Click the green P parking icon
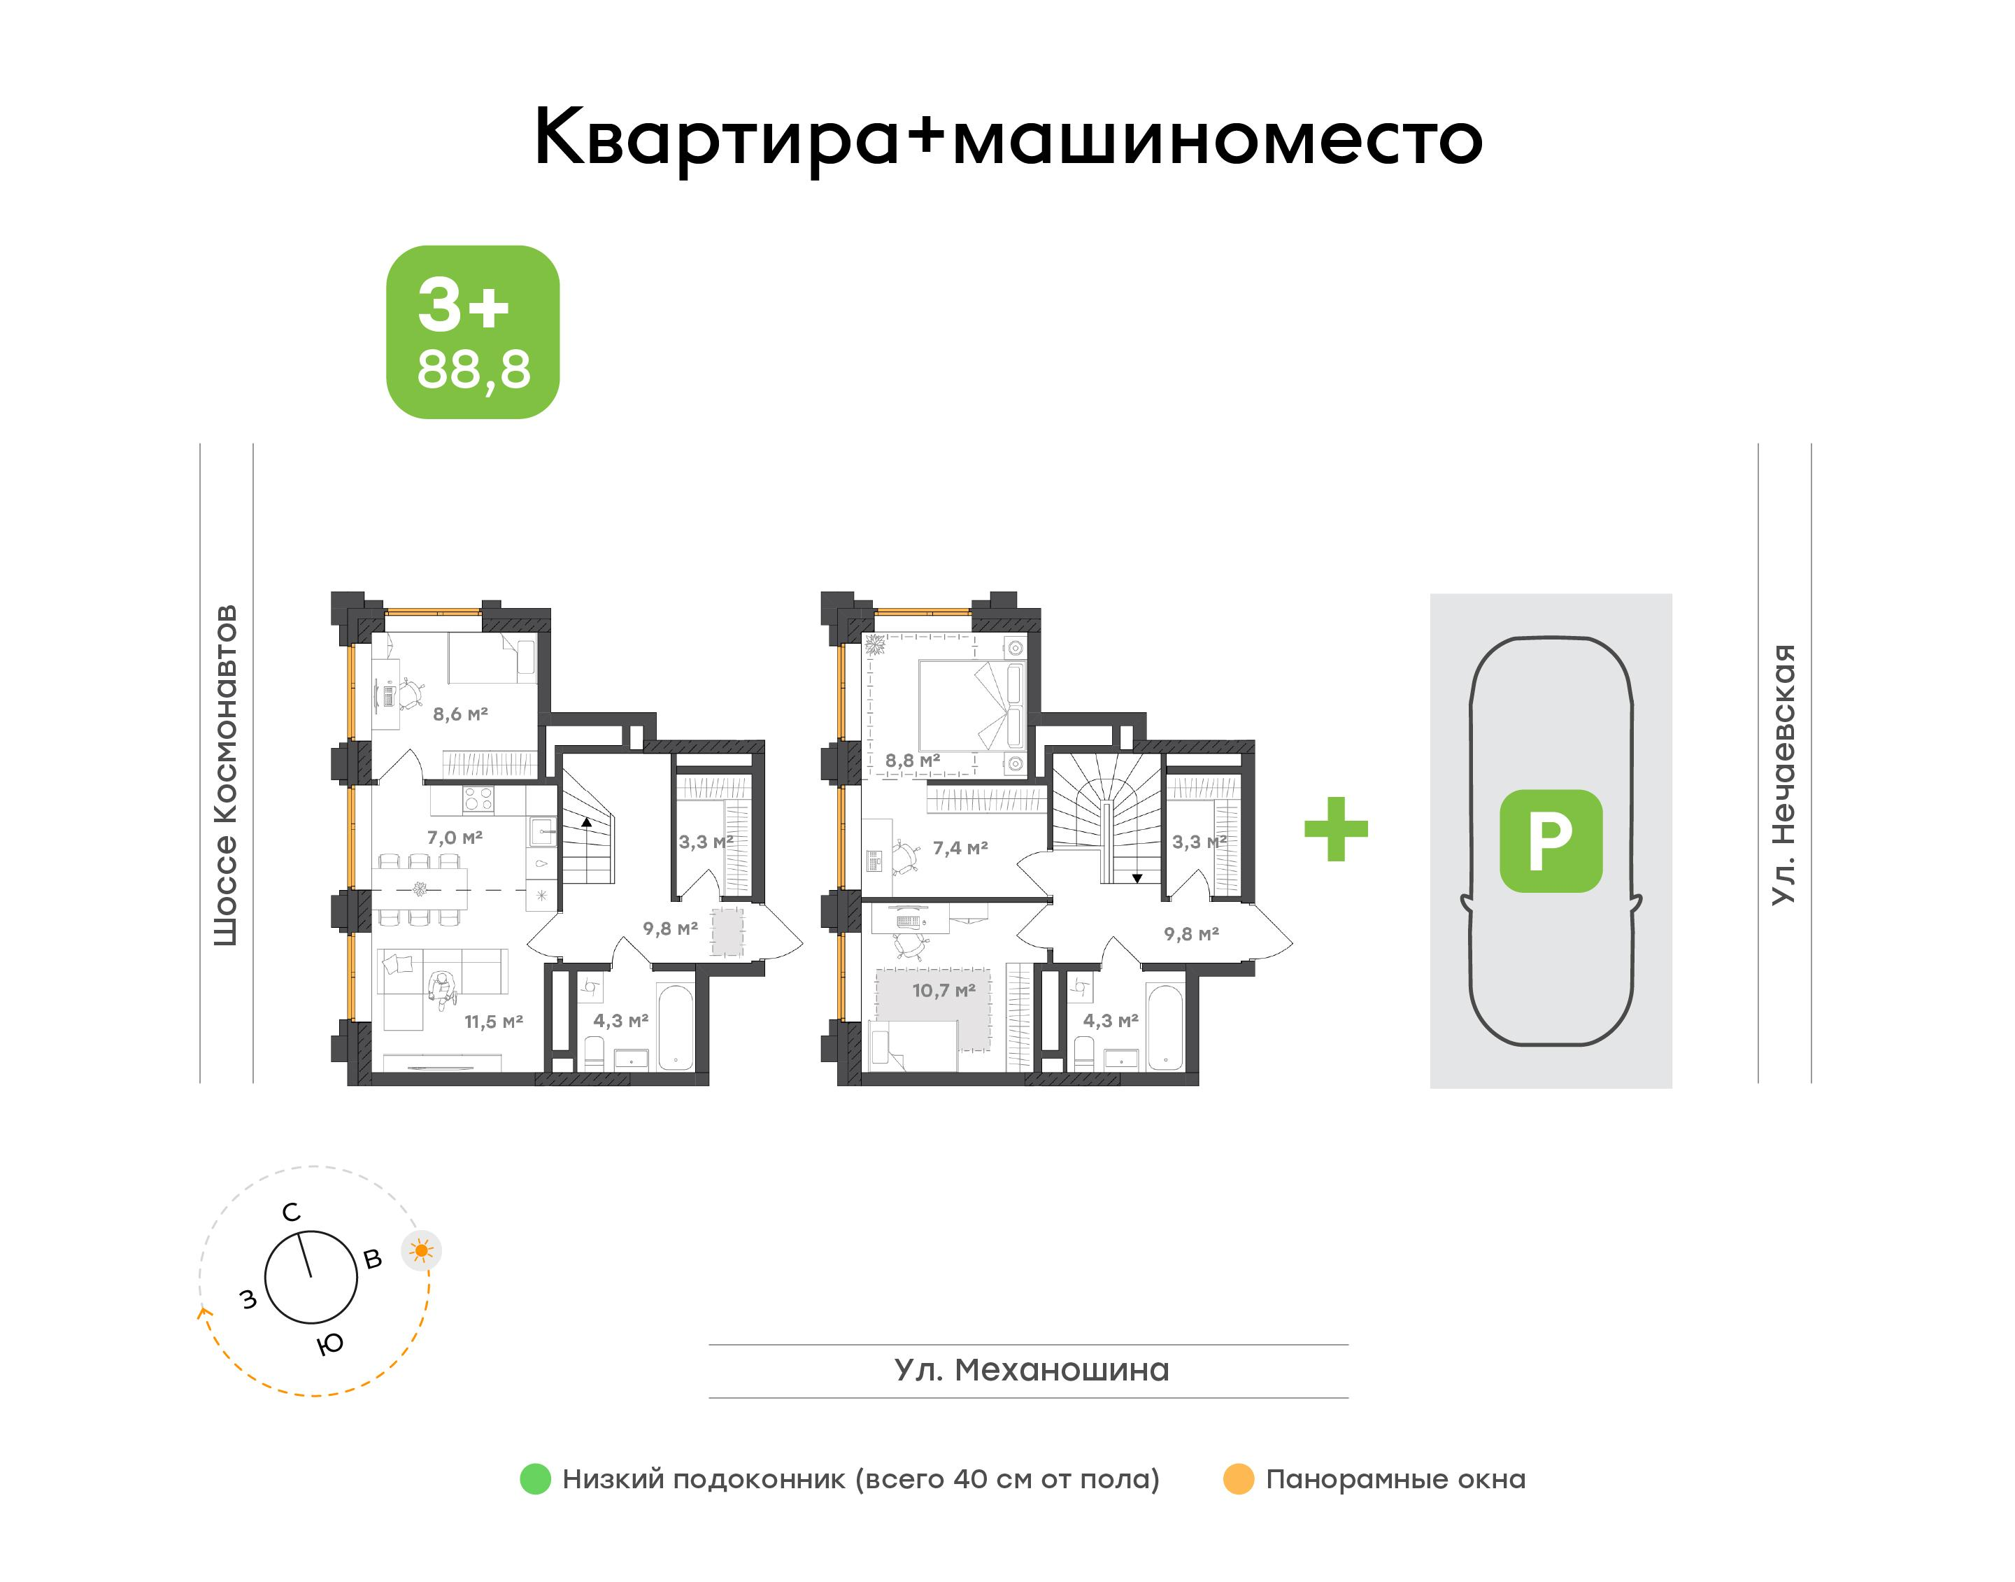click(1550, 841)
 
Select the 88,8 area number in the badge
click(474, 369)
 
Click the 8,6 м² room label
click(460, 714)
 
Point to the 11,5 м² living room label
click(494, 1022)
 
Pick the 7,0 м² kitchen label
click(455, 838)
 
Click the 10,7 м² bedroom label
click(944, 990)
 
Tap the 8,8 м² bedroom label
click(912, 761)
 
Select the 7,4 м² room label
click(960, 847)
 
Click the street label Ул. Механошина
click(1032, 1370)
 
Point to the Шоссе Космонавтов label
click(226, 775)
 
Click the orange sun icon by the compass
click(421, 1251)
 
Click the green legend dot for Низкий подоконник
click(535, 1479)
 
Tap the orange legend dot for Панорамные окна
click(1238, 1479)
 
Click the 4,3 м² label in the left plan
click(620, 1021)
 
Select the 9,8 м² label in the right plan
click(1191, 933)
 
